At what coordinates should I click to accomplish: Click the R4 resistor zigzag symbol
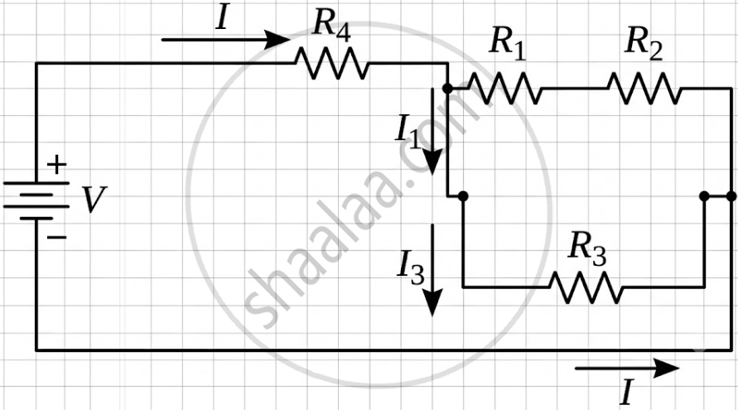(332, 63)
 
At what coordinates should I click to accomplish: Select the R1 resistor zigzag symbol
(504, 88)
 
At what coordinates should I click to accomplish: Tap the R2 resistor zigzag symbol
(644, 88)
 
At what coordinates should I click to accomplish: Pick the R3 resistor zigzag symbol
(586, 287)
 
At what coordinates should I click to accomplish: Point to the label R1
(508, 44)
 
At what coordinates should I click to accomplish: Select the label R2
(644, 44)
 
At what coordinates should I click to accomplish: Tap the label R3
(587, 248)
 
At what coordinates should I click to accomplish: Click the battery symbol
(36, 200)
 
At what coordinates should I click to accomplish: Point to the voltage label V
(94, 200)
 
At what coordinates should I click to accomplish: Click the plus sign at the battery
(56, 165)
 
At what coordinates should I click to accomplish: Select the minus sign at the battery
(56, 236)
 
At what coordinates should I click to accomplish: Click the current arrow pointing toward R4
(225, 40)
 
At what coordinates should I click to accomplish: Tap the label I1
(408, 133)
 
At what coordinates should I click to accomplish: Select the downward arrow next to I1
(432, 131)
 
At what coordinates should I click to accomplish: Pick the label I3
(411, 268)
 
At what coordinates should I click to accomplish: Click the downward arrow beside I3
(432, 270)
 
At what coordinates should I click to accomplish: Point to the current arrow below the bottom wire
(627, 368)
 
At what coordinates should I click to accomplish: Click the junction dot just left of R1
(447, 88)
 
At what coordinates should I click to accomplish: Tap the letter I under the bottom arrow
(626, 392)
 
